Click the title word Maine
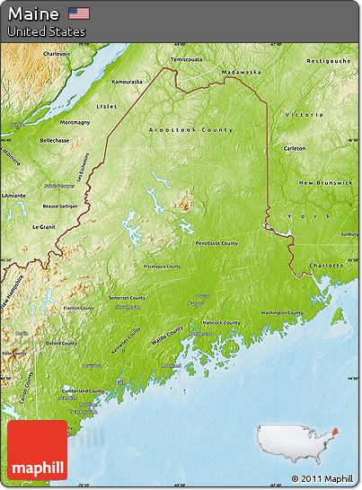[x=34, y=13]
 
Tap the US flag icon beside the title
[x=79, y=13]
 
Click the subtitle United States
[x=47, y=31]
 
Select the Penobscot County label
[x=216, y=243]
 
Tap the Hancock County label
[x=221, y=322]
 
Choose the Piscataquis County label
[x=162, y=267]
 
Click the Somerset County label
[x=128, y=297]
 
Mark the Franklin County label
[x=79, y=308]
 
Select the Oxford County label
[x=62, y=342]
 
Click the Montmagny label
[x=75, y=122]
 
